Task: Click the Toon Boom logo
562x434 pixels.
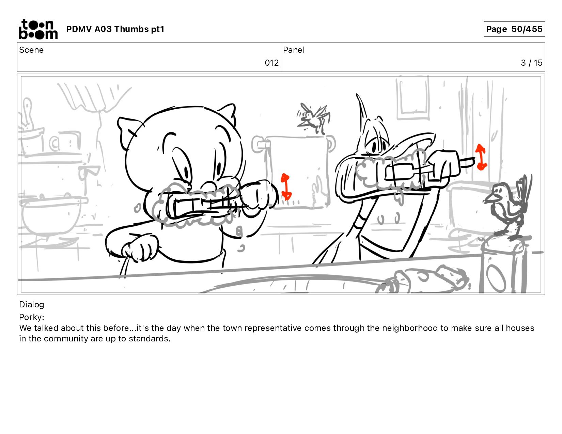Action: click(38, 29)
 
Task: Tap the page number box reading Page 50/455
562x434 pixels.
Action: click(514, 29)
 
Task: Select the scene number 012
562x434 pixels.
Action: click(271, 63)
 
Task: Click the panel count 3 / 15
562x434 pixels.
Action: click(531, 63)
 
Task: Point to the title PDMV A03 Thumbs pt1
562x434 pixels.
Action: click(115, 29)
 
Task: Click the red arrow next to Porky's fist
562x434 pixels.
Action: click(286, 187)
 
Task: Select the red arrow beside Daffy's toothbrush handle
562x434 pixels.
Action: click(481, 157)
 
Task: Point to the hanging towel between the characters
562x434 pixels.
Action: click(297, 172)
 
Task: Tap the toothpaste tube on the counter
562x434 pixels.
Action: click(424, 280)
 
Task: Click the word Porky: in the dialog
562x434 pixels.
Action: click(32, 317)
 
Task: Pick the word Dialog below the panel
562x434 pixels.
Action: click(32, 305)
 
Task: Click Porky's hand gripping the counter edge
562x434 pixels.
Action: click(140, 250)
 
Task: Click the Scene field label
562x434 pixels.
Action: click(31, 50)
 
